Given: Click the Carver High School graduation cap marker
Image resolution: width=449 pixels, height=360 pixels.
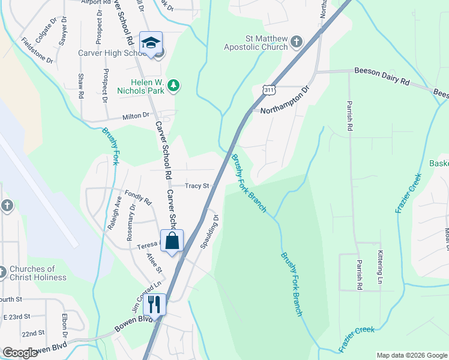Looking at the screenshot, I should (151, 43).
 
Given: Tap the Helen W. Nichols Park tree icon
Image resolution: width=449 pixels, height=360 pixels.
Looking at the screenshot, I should (173, 86).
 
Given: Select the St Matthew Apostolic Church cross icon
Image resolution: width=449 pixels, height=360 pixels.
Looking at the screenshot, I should (296, 42).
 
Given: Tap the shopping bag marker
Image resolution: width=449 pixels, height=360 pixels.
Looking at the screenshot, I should (172, 241).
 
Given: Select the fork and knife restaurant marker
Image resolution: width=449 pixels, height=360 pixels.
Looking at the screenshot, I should (155, 305).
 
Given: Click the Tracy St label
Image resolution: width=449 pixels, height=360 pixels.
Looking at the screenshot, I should (196, 186).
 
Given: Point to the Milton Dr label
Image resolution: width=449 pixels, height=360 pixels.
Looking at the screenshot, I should (136, 116).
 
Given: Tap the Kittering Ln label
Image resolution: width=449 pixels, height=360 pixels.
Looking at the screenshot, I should (380, 267).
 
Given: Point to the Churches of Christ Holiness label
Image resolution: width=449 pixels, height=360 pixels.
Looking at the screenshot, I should (37, 273).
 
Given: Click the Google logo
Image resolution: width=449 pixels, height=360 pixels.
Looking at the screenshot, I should (19, 353).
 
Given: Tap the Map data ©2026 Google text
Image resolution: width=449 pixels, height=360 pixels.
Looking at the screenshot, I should (411, 355).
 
